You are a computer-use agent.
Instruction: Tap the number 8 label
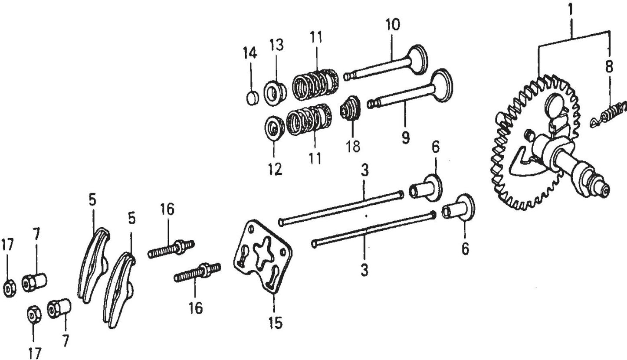(x=610, y=67)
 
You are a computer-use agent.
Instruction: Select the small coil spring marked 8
(x=610, y=114)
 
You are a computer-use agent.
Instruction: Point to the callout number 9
(x=405, y=138)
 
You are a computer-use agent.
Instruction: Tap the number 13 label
(x=276, y=45)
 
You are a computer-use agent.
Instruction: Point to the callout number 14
(x=250, y=53)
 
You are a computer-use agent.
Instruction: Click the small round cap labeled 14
(x=252, y=98)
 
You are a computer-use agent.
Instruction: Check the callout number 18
(x=353, y=146)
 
